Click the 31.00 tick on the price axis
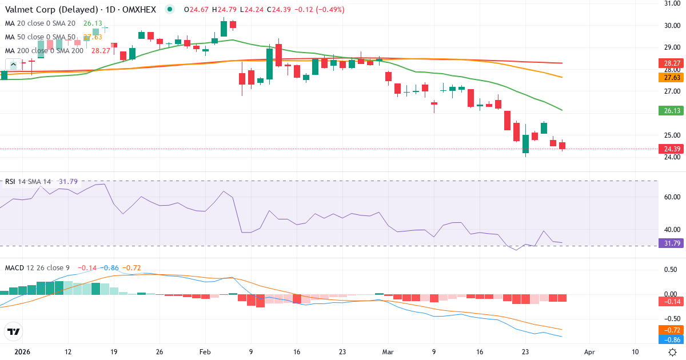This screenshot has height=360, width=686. pyautogui.click(x=671, y=3)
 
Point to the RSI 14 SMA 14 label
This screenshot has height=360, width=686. pyautogui.click(x=28, y=182)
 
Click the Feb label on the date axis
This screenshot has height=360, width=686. pyautogui.click(x=205, y=352)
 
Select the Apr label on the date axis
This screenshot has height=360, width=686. pyautogui.click(x=589, y=352)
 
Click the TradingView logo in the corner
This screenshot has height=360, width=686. pyautogui.click(x=14, y=331)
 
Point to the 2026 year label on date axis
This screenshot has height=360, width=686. pyautogui.click(x=22, y=352)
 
